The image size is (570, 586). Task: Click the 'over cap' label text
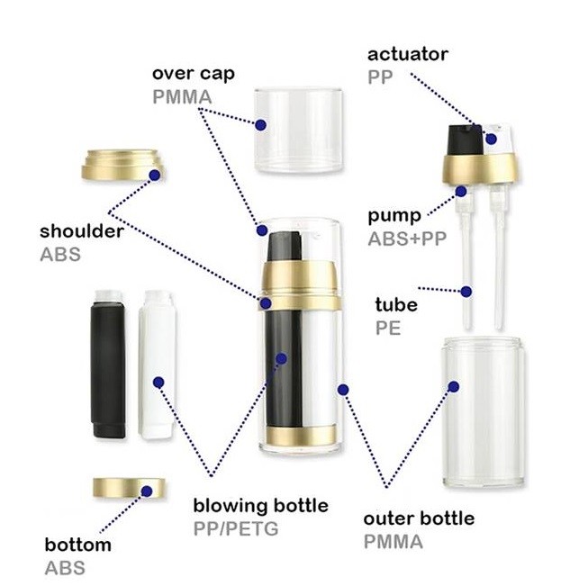193,73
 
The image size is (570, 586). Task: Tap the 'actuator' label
407,55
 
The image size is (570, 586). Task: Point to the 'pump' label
394,217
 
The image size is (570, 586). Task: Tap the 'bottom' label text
78,545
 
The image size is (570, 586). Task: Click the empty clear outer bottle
484,412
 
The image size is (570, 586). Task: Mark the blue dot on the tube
467,291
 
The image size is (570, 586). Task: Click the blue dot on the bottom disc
147,491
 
